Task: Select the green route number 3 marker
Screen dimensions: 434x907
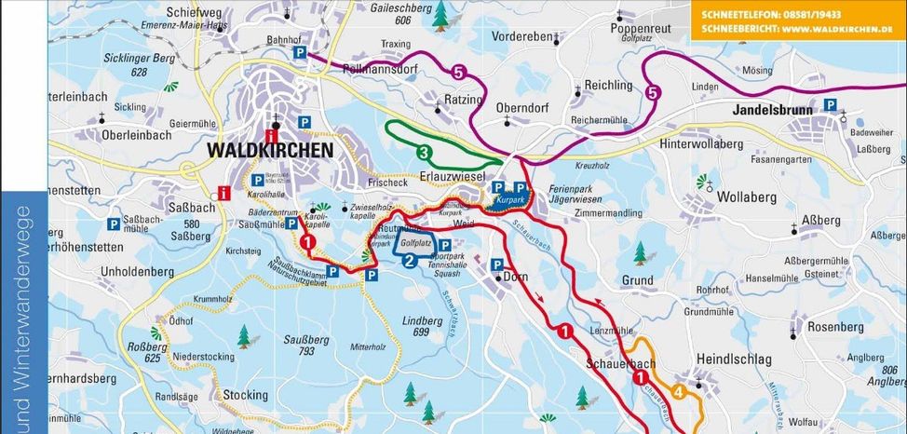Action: (423, 152)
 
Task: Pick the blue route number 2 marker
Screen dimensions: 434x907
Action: (408, 261)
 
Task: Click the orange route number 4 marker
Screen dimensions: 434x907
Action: (678, 392)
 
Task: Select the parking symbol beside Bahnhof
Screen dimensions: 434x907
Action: (300, 53)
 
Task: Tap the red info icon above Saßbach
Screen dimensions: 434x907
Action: (223, 194)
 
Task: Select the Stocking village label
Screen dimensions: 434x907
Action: (246, 396)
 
